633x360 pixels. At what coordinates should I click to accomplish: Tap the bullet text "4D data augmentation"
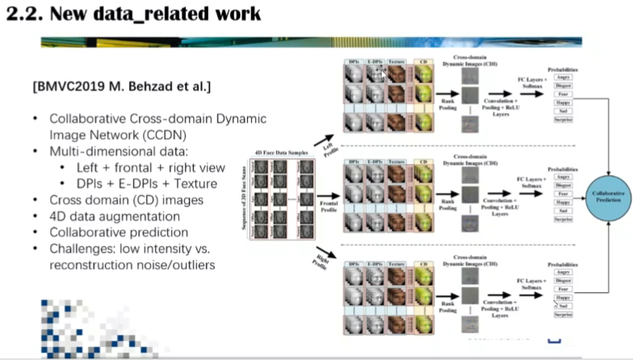pyautogui.click(x=115, y=216)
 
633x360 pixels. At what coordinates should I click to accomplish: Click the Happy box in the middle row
pyautogui.click(x=563, y=201)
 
